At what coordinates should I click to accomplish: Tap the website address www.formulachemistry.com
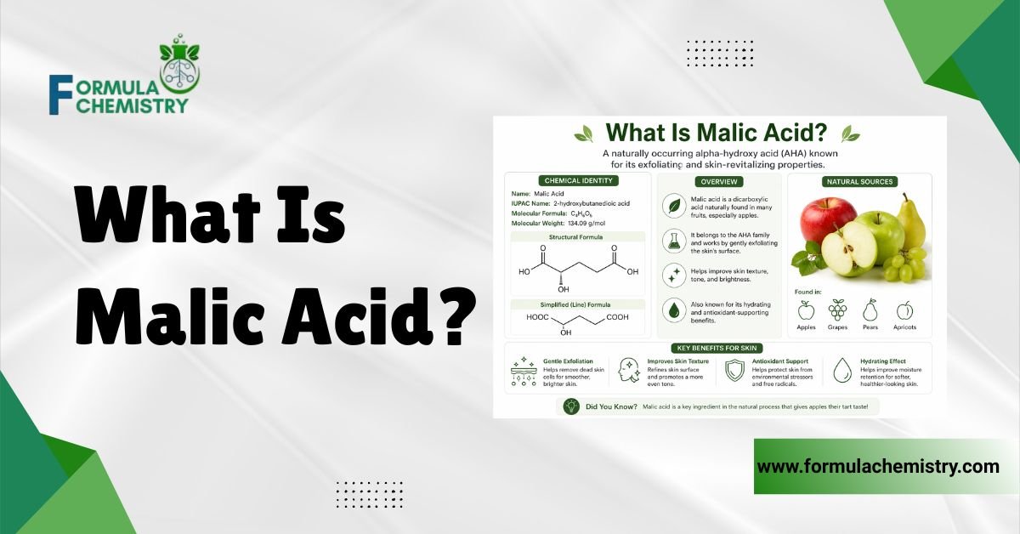pos(878,467)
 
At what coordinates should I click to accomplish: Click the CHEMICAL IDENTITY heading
pos(577,181)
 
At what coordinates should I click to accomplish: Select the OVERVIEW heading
pos(718,181)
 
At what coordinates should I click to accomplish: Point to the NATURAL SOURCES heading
pos(858,181)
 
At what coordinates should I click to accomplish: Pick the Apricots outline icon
pos(904,310)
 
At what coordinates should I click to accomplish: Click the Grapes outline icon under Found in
pos(837,310)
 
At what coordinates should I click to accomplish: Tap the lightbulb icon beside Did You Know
pos(571,407)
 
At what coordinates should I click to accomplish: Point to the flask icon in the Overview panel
pos(674,241)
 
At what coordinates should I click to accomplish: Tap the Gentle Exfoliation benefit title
pos(568,361)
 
